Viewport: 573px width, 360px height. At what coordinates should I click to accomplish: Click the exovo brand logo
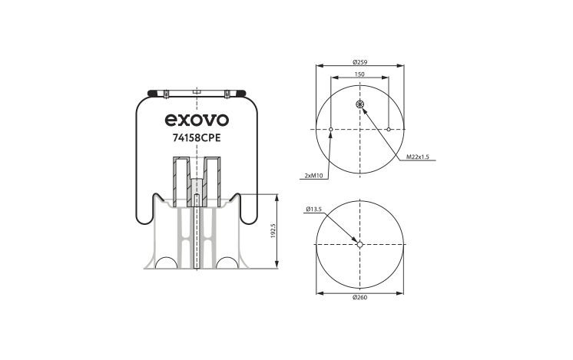(197, 120)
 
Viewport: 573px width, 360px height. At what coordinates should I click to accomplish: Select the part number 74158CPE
(197, 138)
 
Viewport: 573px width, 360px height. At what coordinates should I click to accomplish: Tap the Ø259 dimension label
(360, 62)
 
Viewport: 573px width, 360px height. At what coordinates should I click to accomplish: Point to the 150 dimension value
(359, 74)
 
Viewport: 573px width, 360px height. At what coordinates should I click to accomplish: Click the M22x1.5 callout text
(418, 157)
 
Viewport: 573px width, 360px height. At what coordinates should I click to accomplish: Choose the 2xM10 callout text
(313, 176)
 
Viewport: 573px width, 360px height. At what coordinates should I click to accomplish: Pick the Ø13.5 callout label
(313, 210)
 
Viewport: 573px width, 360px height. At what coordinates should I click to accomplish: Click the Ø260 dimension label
(360, 297)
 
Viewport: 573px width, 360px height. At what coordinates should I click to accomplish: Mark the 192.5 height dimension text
(273, 231)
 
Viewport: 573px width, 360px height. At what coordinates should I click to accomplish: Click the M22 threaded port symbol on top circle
(360, 104)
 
